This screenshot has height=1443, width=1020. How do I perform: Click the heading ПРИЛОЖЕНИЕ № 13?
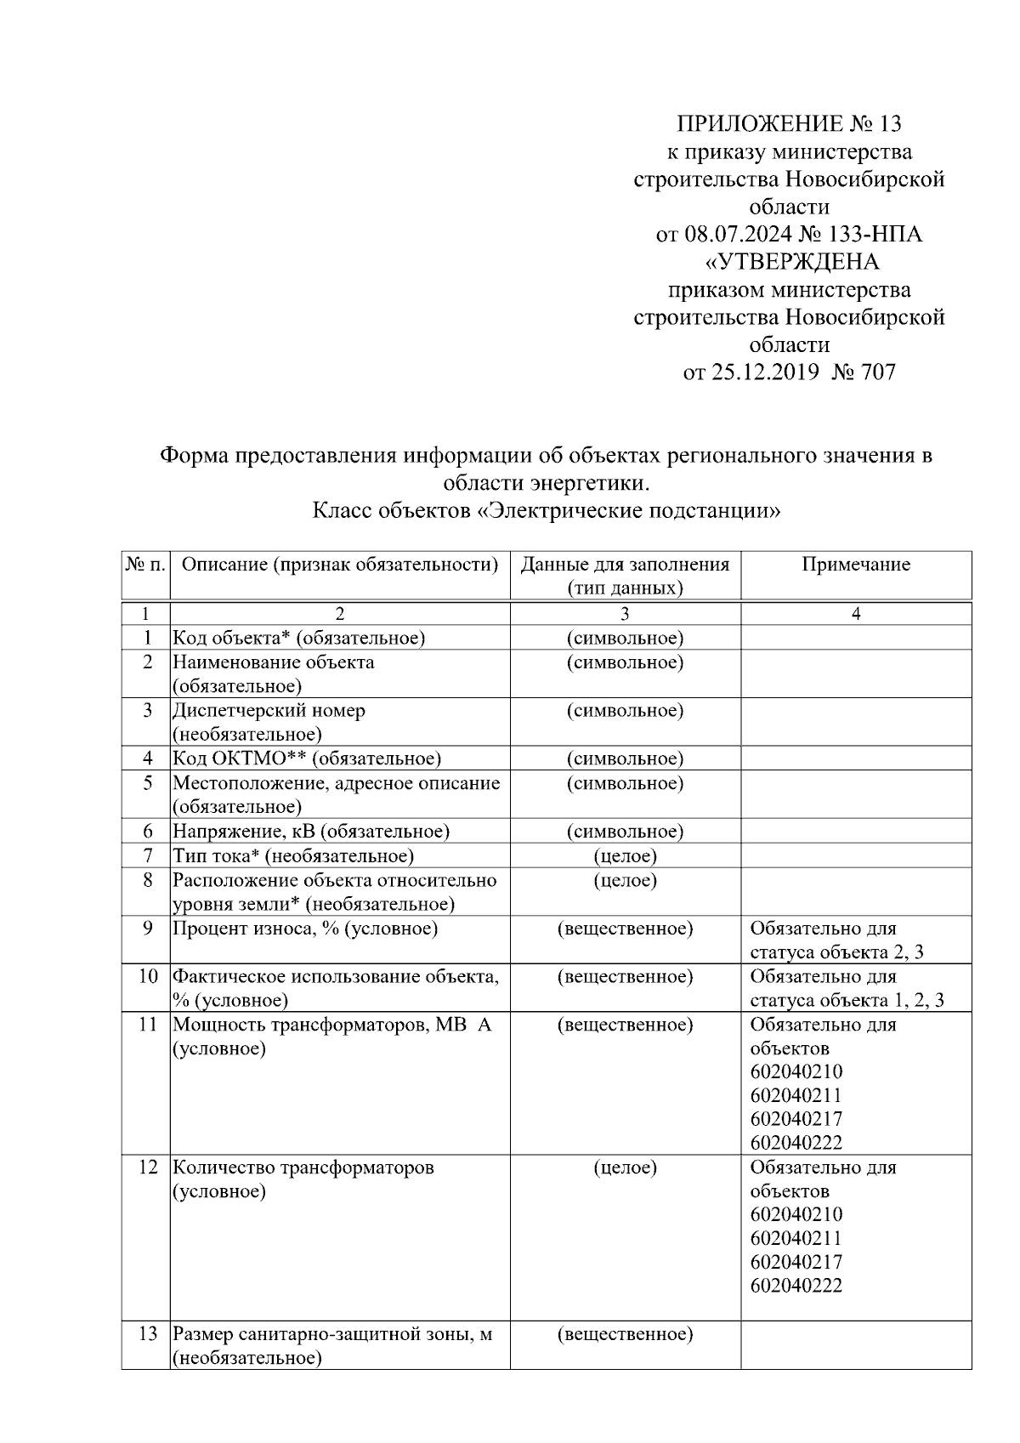coord(789,124)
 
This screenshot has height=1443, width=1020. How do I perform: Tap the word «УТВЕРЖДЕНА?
coord(789,261)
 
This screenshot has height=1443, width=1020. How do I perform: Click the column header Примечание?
coord(855,565)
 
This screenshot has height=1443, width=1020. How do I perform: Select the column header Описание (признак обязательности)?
coord(340,565)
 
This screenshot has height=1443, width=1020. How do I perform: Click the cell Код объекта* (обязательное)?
coord(299,638)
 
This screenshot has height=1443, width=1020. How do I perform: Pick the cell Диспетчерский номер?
coord(269,711)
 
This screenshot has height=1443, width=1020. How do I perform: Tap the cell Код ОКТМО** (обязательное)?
coord(307,758)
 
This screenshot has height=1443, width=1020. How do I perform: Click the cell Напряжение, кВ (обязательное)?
coord(311,832)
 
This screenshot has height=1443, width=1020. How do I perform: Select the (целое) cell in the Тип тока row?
coord(625,855)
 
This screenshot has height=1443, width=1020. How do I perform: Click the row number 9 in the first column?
coord(147,929)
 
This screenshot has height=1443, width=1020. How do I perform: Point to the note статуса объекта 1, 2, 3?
coord(847,1000)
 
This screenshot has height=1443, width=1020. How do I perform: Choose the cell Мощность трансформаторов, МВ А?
coord(332,1025)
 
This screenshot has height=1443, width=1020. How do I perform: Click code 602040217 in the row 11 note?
coord(796,1119)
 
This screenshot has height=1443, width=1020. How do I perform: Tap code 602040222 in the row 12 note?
coord(796,1286)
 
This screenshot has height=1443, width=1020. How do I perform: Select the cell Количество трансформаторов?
coord(303,1167)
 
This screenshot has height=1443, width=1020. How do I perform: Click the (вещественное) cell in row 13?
coord(625,1334)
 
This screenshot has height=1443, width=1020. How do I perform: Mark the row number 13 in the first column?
coord(147,1334)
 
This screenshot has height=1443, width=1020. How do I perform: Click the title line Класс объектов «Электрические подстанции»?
coord(547,511)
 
